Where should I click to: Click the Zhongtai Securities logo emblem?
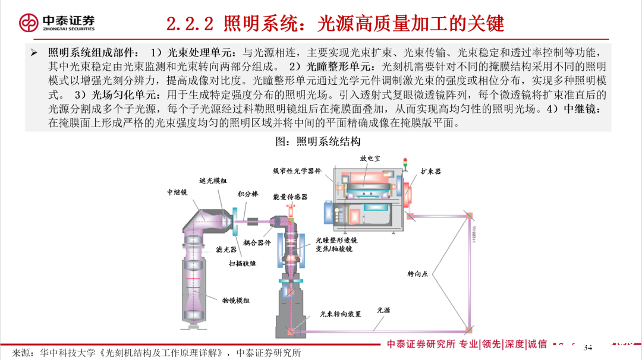tap(28, 23)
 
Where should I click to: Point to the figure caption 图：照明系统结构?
tap(317, 141)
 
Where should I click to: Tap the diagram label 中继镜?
tap(177, 192)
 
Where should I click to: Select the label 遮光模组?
tap(213, 181)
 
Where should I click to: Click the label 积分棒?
tap(248, 194)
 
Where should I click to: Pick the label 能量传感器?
tap(290, 197)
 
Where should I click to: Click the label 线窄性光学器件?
tap(297, 171)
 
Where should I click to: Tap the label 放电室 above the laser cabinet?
tap(370, 159)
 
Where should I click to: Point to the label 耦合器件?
tap(257, 242)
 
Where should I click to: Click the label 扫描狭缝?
tap(243, 263)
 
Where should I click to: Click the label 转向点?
tap(417, 274)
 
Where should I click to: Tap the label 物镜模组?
tap(236, 301)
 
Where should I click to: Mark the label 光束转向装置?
tap(341, 314)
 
